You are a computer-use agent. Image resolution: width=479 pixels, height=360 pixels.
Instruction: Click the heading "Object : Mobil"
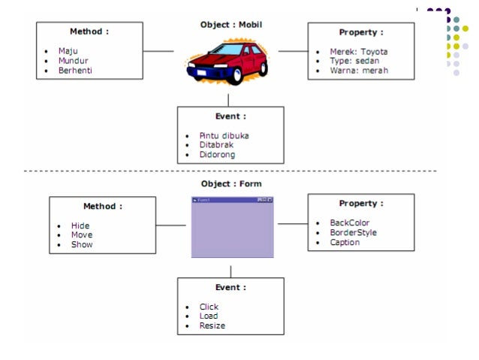tap(231, 25)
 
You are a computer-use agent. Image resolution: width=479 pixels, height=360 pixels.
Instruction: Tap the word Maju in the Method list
tap(68, 51)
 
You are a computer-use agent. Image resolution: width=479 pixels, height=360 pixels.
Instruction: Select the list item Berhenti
tap(75, 71)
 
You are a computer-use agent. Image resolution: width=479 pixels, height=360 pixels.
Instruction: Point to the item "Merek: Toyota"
tap(359, 51)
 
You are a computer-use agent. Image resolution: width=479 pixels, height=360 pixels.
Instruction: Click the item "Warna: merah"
tap(359, 71)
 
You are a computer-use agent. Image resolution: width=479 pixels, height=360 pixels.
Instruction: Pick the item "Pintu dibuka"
tap(224, 135)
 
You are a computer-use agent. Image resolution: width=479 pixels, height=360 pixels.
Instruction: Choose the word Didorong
tap(217, 155)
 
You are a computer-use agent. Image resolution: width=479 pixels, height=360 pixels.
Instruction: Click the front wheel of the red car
tap(235, 76)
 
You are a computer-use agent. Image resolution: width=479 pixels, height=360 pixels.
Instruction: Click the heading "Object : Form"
tap(231, 184)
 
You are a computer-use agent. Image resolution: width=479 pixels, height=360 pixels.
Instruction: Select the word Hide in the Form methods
tap(80, 225)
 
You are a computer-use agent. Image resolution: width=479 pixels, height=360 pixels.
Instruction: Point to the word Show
tap(82, 244)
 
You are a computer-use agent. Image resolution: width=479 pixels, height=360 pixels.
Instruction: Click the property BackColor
tap(349, 222)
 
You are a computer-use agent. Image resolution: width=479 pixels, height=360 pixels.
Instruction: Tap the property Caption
tap(345, 242)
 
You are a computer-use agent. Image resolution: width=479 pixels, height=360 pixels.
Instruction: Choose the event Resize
tap(212, 325)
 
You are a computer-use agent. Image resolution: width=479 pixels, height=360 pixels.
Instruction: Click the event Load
tap(209, 316)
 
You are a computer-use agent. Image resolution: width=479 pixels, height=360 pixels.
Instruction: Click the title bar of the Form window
tap(232, 200)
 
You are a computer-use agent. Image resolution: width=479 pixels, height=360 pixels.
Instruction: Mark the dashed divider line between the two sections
tap(230, 171)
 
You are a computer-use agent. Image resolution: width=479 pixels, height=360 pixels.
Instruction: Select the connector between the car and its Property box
tap(294, 51)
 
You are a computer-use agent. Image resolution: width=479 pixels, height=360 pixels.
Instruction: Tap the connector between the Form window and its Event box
tap(230, 272)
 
